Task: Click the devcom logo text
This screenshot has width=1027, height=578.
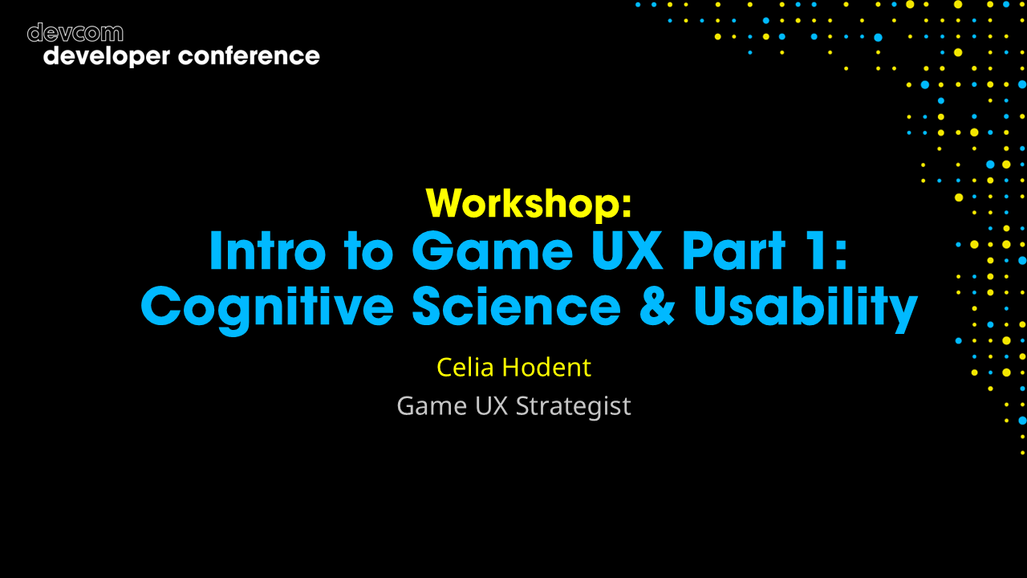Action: [x=75, y=33]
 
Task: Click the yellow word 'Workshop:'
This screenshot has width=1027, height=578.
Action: [x=529, y=203]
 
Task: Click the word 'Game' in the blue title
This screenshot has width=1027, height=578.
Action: [x=492, y=251]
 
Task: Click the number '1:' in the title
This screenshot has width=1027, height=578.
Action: [x=827, y=251]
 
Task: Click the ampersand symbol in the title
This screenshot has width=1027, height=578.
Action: [x=658, y=307]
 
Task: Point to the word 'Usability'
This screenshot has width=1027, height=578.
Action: [x=806, y=307]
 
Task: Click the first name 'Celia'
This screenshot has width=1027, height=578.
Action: [x=465, y=367]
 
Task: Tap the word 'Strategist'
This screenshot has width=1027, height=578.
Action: [x=573, y=406]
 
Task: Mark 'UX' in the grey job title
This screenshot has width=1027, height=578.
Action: [x=491, y=406]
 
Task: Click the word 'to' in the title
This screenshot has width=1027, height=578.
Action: [x=369, y=252]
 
